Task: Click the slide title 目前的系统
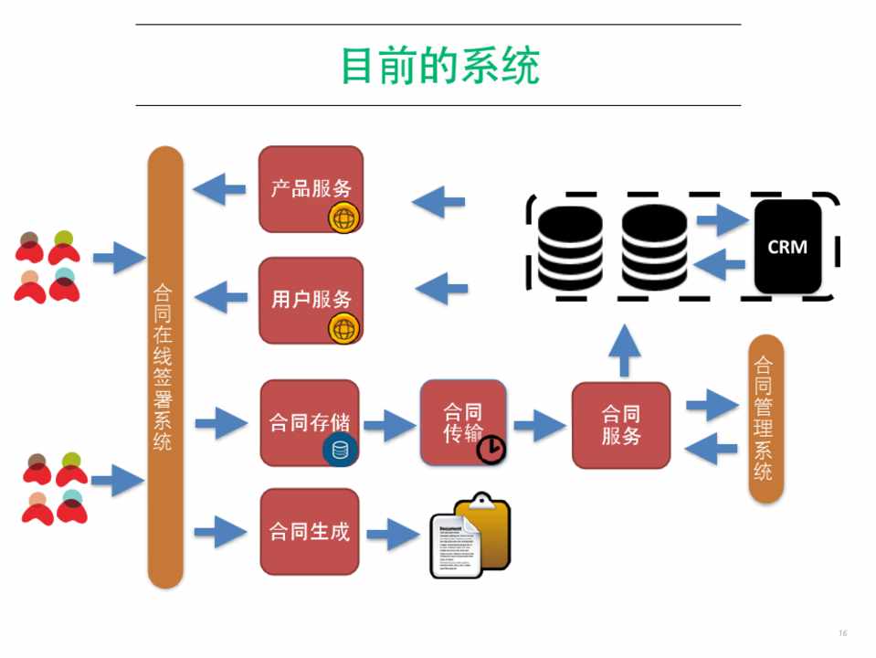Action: click(x=439, y=66)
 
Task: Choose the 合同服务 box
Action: click(x=621, y=425)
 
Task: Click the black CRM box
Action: click(x=787, y=247)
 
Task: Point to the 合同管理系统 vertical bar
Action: click(x=765, y=419)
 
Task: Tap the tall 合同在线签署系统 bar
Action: click(x=165, y=366)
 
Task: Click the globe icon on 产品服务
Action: click(x=344, y=218)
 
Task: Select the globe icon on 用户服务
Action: click(x=344, y=328)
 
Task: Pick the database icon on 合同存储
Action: click(x=340, y=450)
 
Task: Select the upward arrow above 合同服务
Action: click(x=624, y=351)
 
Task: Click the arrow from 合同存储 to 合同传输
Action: click(x=389, y=425)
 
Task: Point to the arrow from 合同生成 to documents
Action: click(x=392, y=533)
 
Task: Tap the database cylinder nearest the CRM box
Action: click(x=654, y=247)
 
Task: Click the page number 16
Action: click(x=842, y=633)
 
